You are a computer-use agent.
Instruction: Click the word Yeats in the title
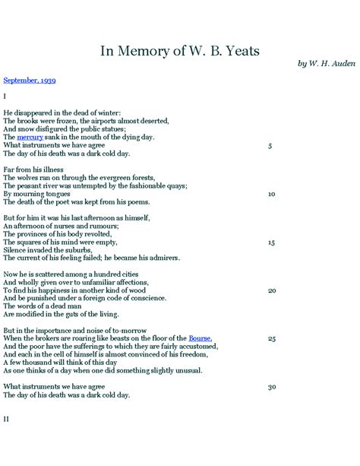238,51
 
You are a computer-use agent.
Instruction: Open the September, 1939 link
29,79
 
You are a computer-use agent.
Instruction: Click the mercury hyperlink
30,137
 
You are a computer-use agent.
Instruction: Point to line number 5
270,145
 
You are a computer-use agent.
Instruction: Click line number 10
271,194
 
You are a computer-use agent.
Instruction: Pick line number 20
271,290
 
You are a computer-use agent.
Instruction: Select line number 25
271,338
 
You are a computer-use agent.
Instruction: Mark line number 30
271,387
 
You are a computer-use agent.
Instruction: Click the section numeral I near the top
5,97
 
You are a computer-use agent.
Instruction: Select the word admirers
164,258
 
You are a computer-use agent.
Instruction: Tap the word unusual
187,370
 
